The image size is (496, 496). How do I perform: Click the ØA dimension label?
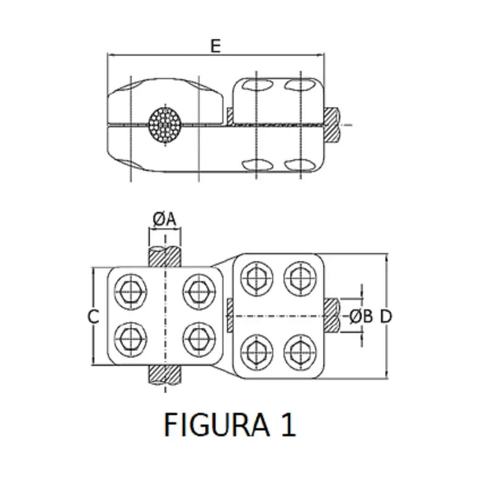164,220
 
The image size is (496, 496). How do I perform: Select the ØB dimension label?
361,316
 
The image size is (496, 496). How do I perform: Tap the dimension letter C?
94,316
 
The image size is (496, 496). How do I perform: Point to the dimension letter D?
386,316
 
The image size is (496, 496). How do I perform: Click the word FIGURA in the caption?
216,424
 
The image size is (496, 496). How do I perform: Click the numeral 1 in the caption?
288,424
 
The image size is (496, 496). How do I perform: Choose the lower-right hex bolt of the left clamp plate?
199,339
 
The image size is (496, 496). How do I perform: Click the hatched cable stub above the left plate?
165,257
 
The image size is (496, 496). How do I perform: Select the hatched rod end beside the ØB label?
332,316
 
